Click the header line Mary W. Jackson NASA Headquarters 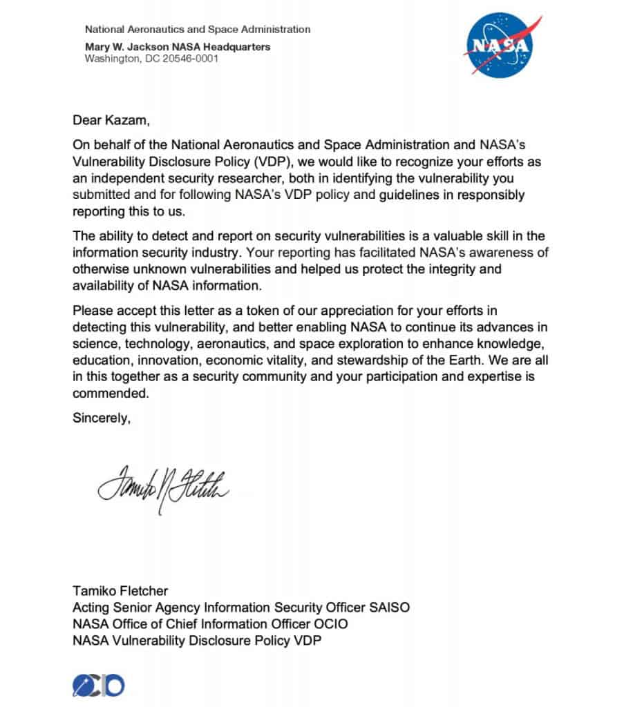click(178, 47)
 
